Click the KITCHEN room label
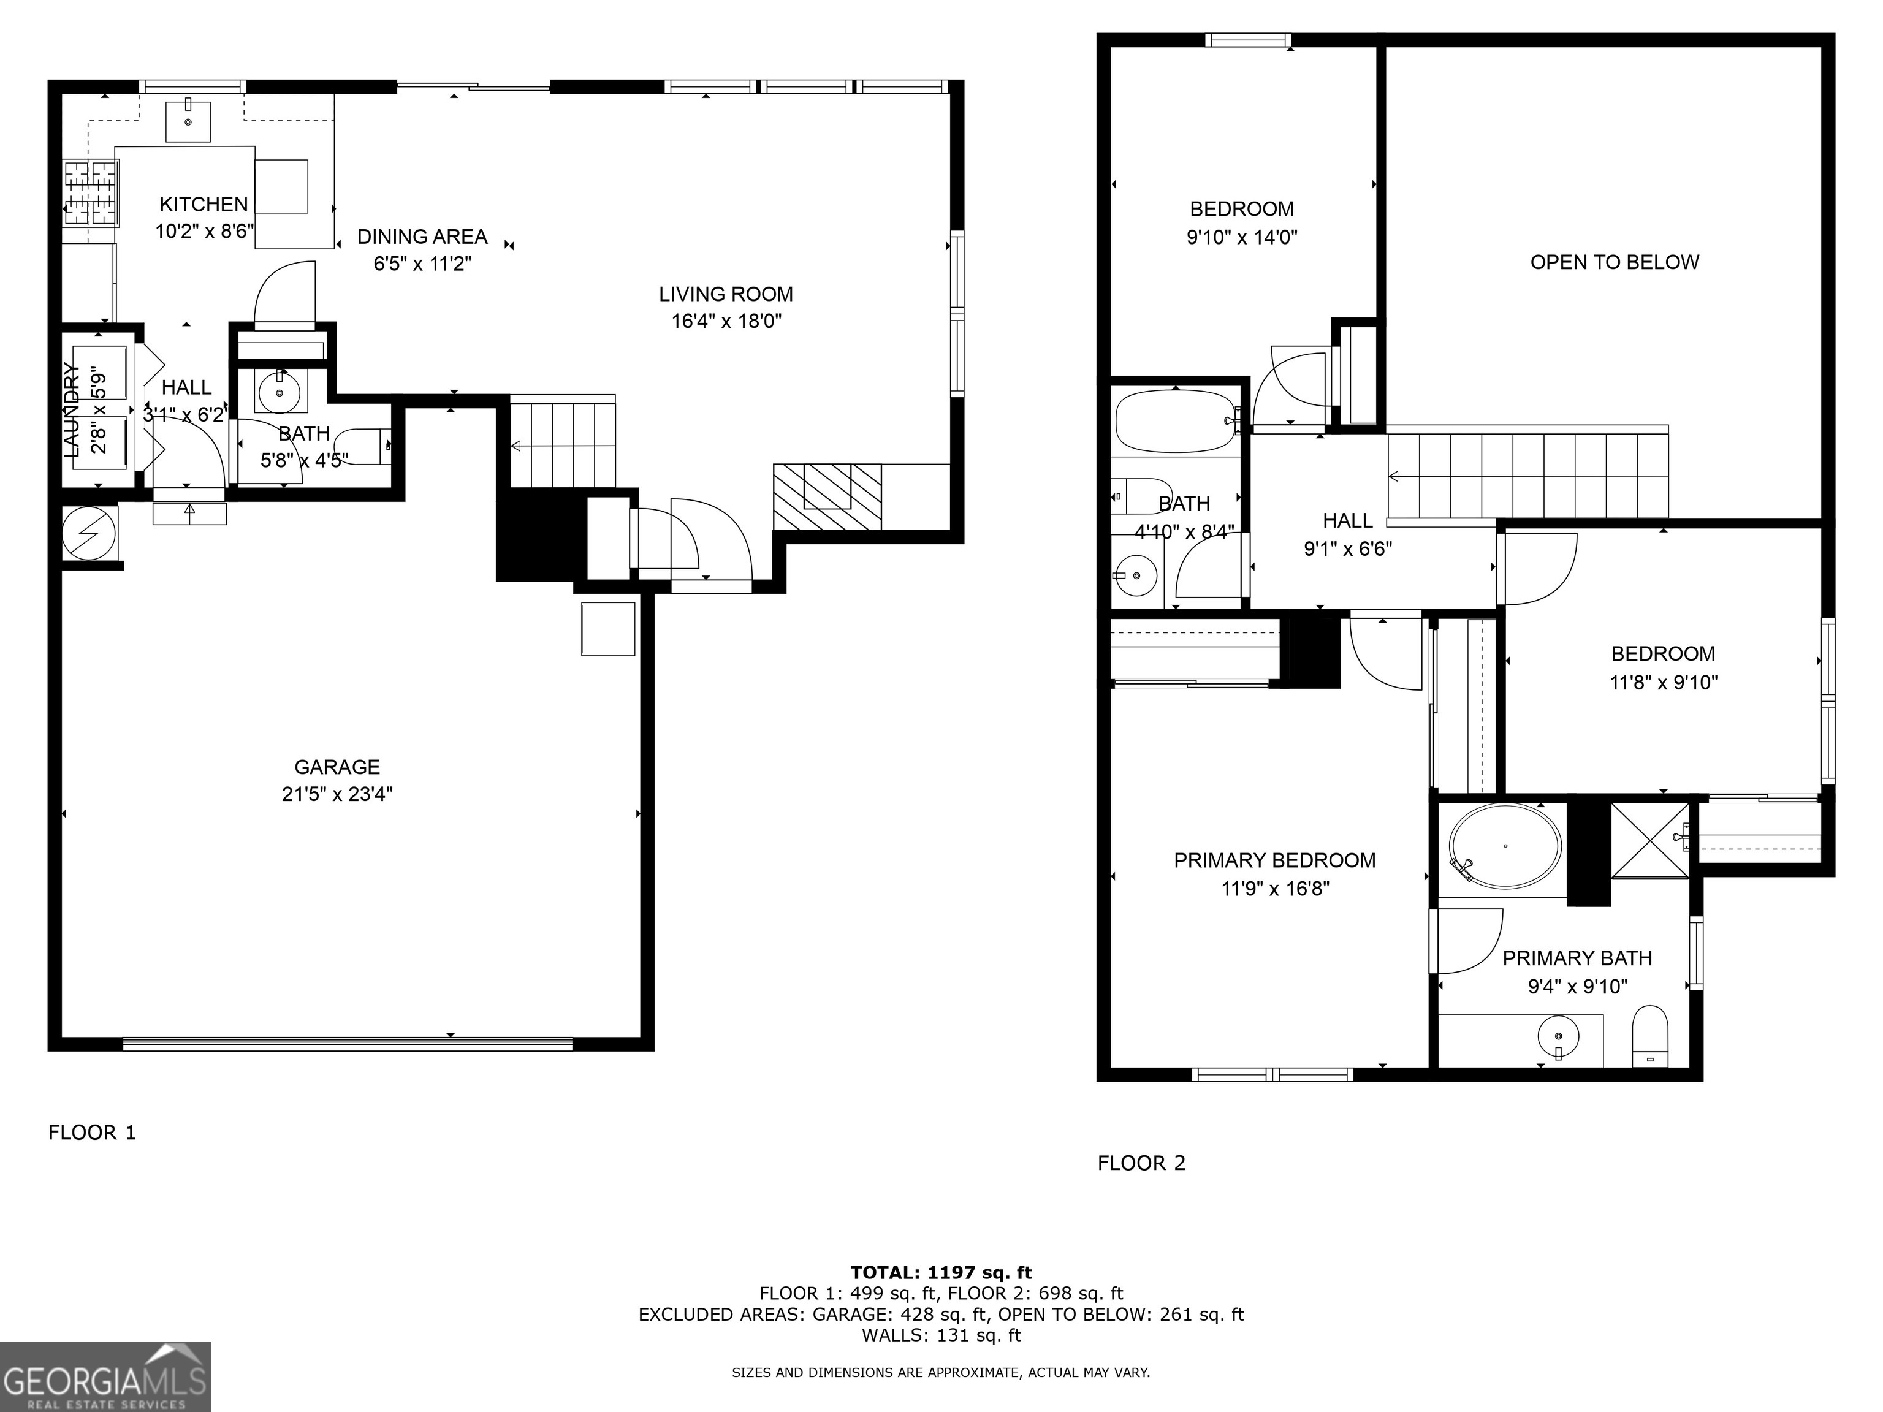204,204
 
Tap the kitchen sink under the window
188,121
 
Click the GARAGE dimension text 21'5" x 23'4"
337,794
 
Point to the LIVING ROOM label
725,295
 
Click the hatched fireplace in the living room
827,496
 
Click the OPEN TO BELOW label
1614,262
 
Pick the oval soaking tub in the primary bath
1505,845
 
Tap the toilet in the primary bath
1649,1036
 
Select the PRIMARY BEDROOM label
1274,860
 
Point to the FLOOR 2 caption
1141,1163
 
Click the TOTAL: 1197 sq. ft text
941,1272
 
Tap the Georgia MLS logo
105,1376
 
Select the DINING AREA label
422,237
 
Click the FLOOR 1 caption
92,1132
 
